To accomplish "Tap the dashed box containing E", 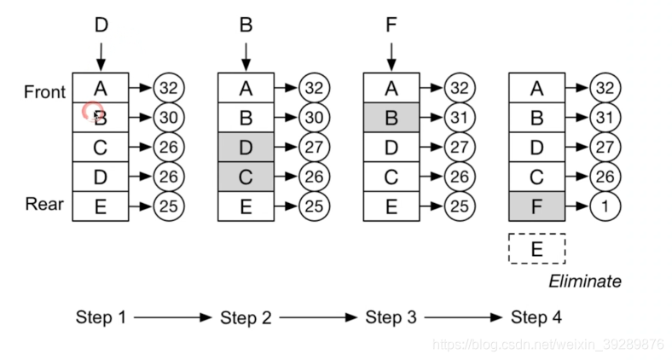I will click(x=536, y=248).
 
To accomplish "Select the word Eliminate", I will click(x=584, y=282).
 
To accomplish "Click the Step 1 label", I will click(x=100, y=317).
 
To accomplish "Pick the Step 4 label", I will click(x=536, y=317).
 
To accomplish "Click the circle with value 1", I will click(x=605, y=206).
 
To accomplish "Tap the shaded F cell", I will click(x=536, y=206).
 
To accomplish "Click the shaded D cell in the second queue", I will click(x=246, y=148).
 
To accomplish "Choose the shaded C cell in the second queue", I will click(x=246, y=177).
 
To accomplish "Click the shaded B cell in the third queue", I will click(x=391, y=118).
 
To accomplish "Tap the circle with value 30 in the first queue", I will click(x=170, y=118).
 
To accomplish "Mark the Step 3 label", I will click(x=391, y=317).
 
